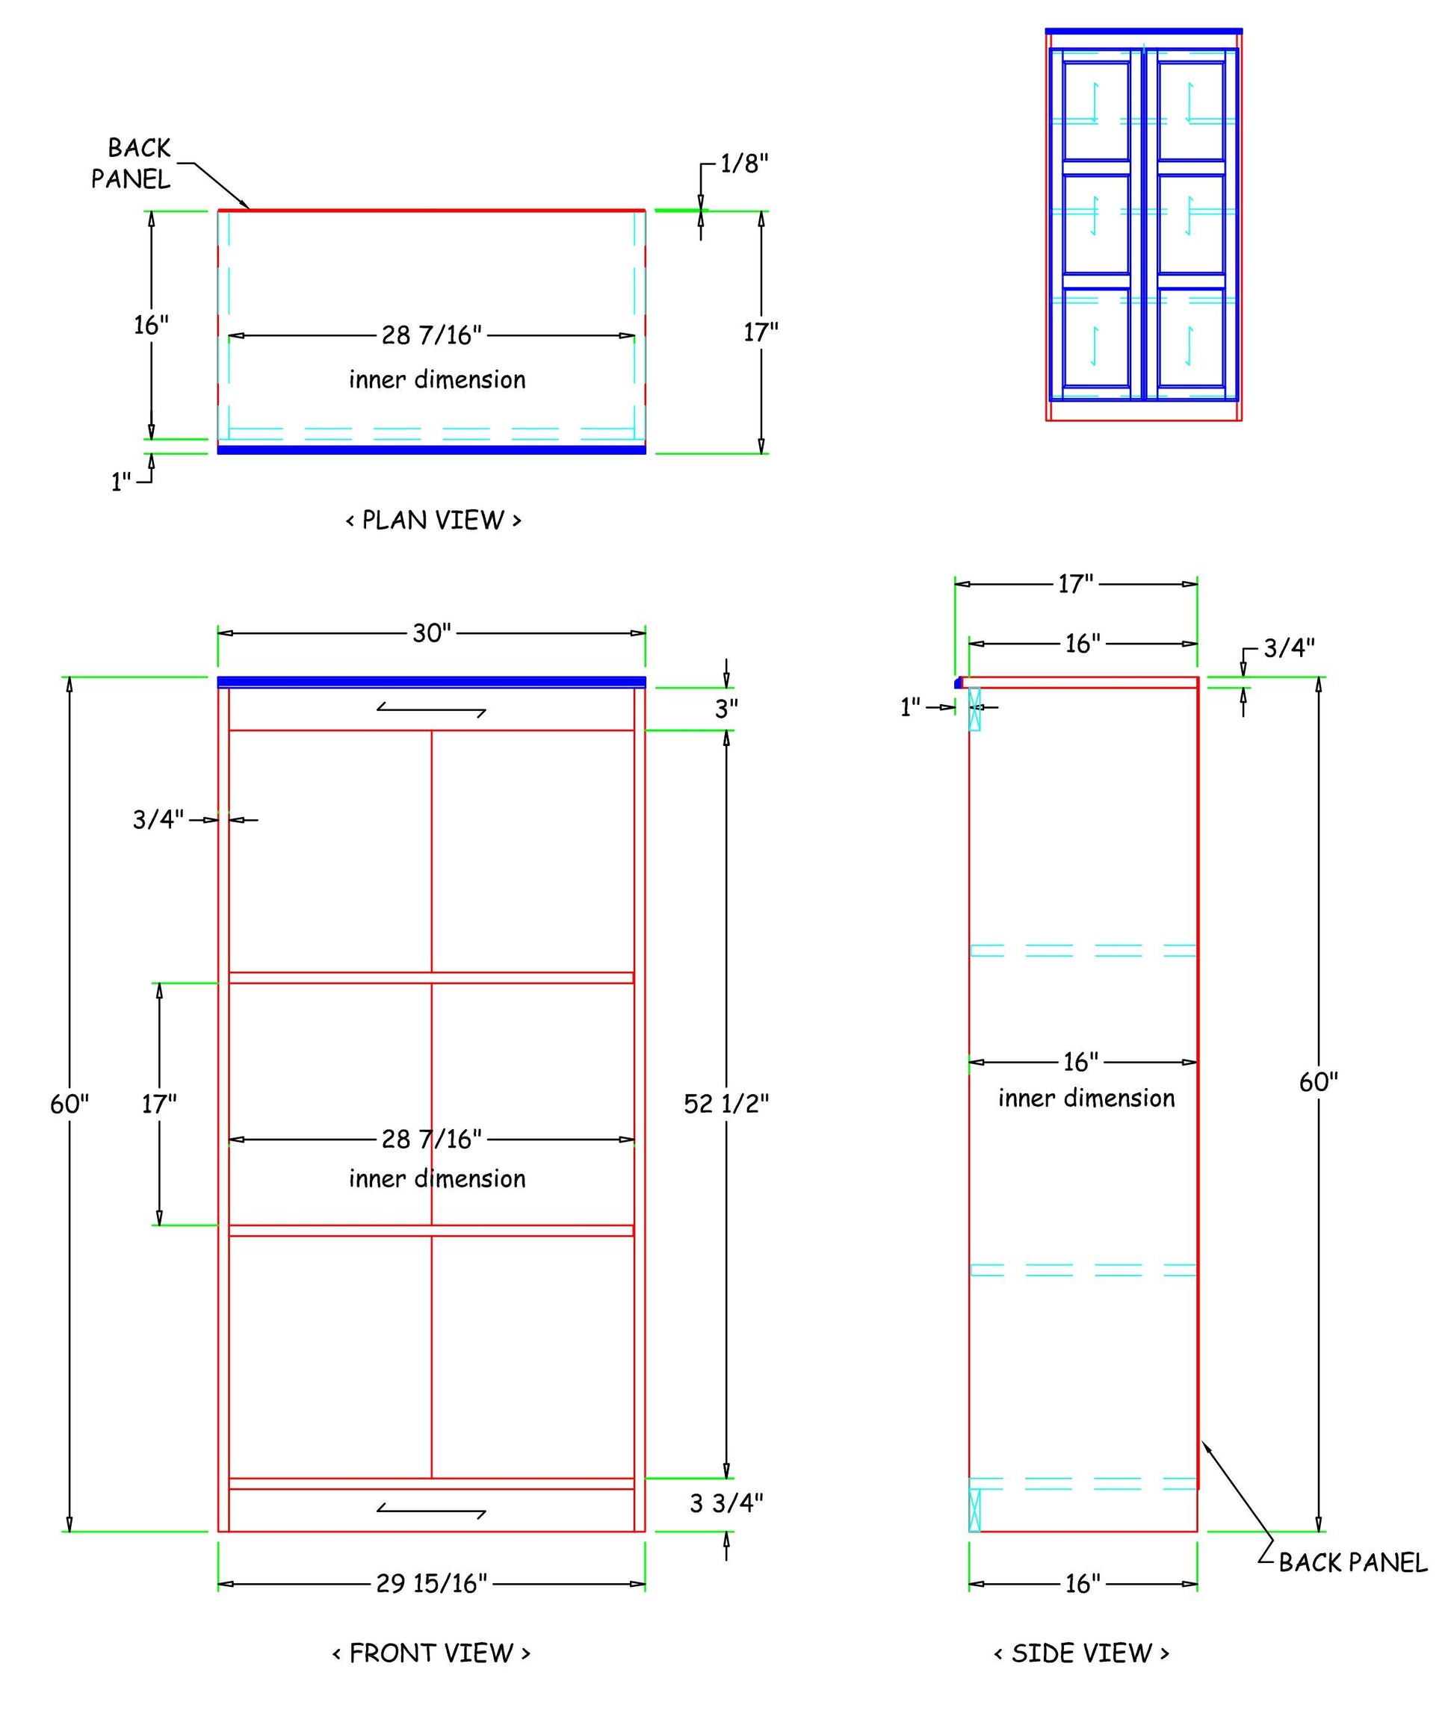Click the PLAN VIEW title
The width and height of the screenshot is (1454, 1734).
433,520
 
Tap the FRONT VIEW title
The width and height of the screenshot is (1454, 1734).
431,1653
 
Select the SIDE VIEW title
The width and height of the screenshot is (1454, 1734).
1081,1653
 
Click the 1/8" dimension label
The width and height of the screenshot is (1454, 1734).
744,164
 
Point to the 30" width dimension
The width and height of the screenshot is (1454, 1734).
432,633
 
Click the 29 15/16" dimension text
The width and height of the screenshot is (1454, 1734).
432,1583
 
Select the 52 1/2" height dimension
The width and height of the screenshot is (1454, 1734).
726,1103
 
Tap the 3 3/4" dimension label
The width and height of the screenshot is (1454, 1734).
726,1503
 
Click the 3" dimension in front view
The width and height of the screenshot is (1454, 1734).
726,709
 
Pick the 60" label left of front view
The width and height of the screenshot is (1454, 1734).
69,1103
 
